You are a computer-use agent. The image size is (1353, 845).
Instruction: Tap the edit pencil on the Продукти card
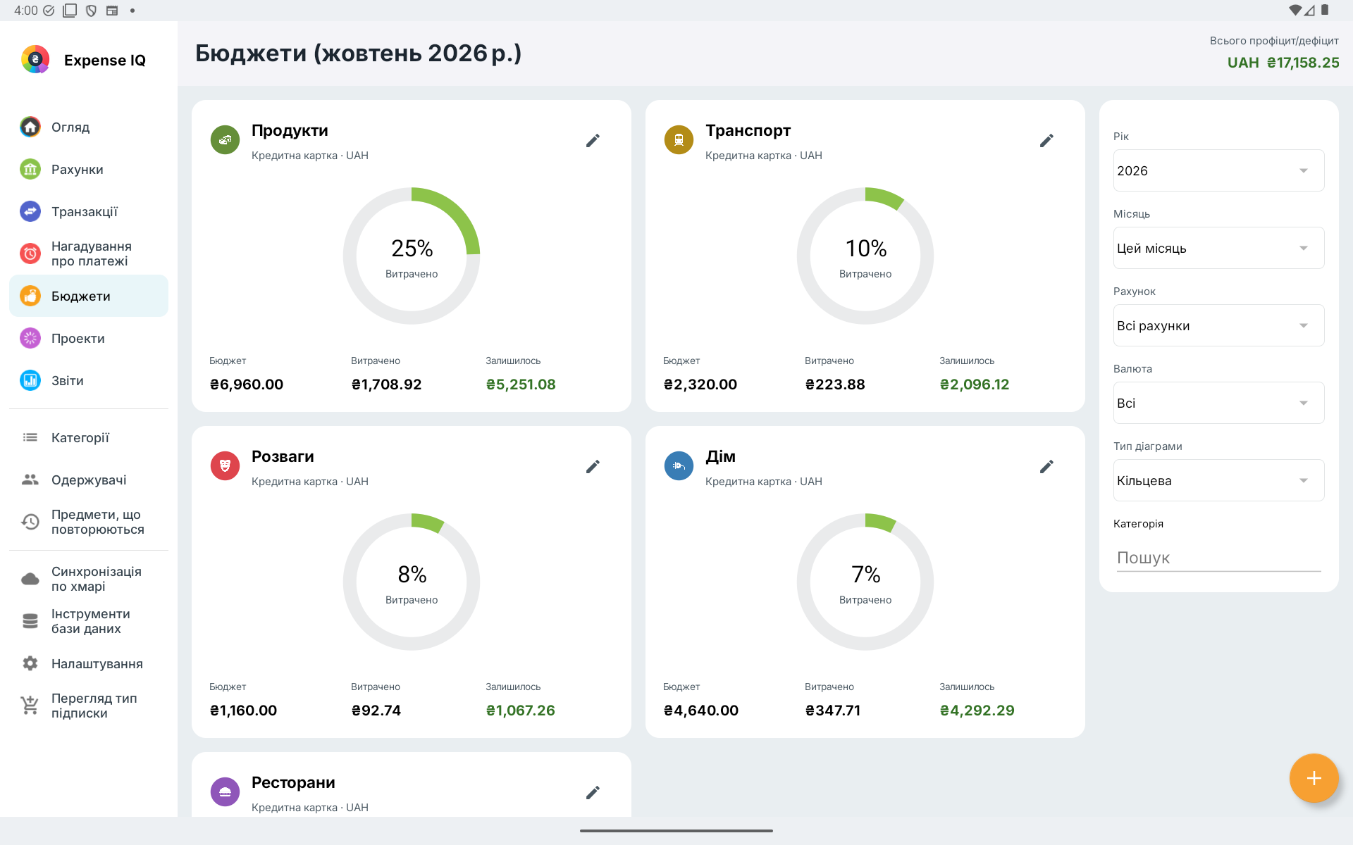click(593, 141)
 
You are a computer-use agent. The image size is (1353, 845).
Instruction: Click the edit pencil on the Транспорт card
click(1046, 141)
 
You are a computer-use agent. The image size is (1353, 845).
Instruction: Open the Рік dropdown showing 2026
click(1218, 170)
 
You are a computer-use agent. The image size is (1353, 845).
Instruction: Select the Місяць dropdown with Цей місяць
click(1218, 248)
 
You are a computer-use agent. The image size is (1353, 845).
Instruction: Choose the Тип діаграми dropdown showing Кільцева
click(1218, 480)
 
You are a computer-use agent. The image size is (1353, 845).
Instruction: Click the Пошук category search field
click(1218, 558)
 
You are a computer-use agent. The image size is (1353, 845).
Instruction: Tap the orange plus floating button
click(1314, 778)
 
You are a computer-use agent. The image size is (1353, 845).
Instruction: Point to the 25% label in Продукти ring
click(412, 249)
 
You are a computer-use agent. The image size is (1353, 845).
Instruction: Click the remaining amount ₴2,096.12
click(975, 384)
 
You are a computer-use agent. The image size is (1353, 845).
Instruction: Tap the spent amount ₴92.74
click(376, 711)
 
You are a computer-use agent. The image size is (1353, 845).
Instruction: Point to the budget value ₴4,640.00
click(701, 711)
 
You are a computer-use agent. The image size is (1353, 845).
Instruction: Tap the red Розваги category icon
click(225, 466)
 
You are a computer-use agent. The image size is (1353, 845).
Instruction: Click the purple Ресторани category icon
click(225, 792)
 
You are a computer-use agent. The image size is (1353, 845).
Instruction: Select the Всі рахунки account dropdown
click(1218, 325)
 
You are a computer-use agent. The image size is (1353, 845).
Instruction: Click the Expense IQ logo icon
click(35, 60)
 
